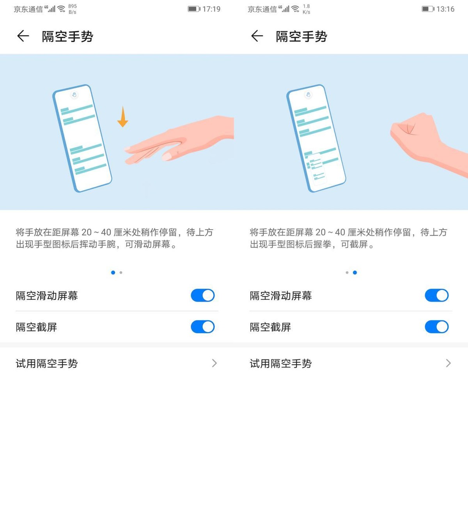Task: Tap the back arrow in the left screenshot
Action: [x=23, y=36]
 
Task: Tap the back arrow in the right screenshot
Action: [x=257, y=36]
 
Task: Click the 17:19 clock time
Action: [x=211, y=9]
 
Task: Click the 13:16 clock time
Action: [x=445, y=9]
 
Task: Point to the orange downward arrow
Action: [x=122, y=117]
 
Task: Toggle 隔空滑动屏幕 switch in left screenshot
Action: [x=202, y=295]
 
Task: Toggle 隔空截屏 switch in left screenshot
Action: [x=202, y=327]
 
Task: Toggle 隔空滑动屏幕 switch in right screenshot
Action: [x=436, y=295]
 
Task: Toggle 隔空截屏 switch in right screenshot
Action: [x=436, y=327]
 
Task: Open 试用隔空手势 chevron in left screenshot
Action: [x=214, y=363]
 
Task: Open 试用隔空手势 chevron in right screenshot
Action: [x=448, y=363]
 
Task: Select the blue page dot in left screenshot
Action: [x=113, y=273]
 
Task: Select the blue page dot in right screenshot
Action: [x=355, y=273]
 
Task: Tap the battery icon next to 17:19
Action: [x=193, y=9]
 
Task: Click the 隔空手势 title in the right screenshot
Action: [x=301, y=36]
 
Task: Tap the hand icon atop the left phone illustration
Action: [x=74, y=95]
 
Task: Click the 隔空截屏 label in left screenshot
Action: [x=36, y=327]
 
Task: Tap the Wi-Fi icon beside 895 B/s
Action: [x=61, y=9]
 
